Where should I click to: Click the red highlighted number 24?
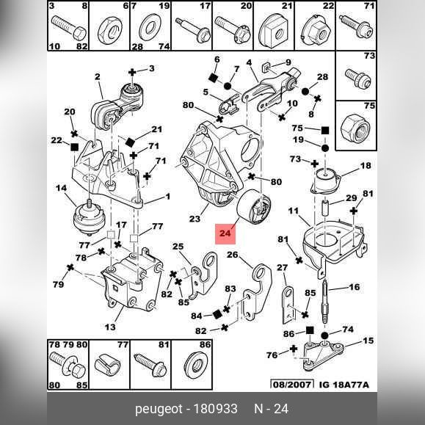(x=225, y=233)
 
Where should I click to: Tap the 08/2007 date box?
(x=292, y=385)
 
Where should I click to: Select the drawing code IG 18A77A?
(x=344, y=385)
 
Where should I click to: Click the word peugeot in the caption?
(x=159, y=409)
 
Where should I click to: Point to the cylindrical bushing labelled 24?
(x=253, y=207)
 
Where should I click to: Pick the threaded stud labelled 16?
(x=325, y=302)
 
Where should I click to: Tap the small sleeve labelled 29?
(x=326, y=207)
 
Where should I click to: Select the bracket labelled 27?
(x=288, y=305)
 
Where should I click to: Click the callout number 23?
(x=195, y=219)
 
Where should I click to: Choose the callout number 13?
(x=110, y=327)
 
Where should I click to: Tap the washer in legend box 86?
(x=195, y=367)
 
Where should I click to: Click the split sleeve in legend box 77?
(x=108, y=365)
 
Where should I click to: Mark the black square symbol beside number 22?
(x=74, y=148)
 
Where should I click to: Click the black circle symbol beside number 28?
(x=305, y=91)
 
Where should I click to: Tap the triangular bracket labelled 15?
(x=322, y=355)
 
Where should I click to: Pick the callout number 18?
(x=366, y=165)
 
